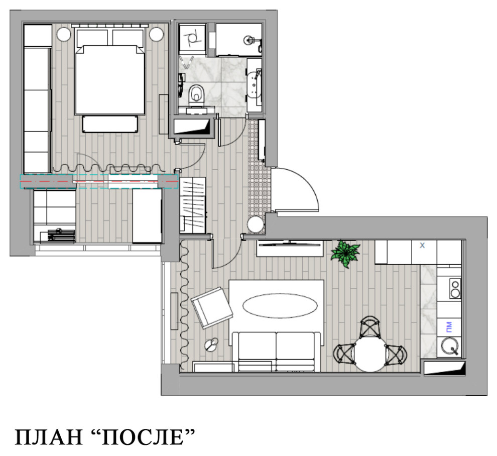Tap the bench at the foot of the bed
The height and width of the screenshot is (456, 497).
click(110, 124)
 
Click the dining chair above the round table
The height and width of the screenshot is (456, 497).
click(370, 327)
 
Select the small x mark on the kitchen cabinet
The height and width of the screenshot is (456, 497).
click(422, 246)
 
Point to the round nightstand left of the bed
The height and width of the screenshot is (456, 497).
click(63, 35)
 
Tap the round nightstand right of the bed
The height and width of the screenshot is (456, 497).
click(156, 35)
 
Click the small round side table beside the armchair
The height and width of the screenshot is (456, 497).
click(212, 345)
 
